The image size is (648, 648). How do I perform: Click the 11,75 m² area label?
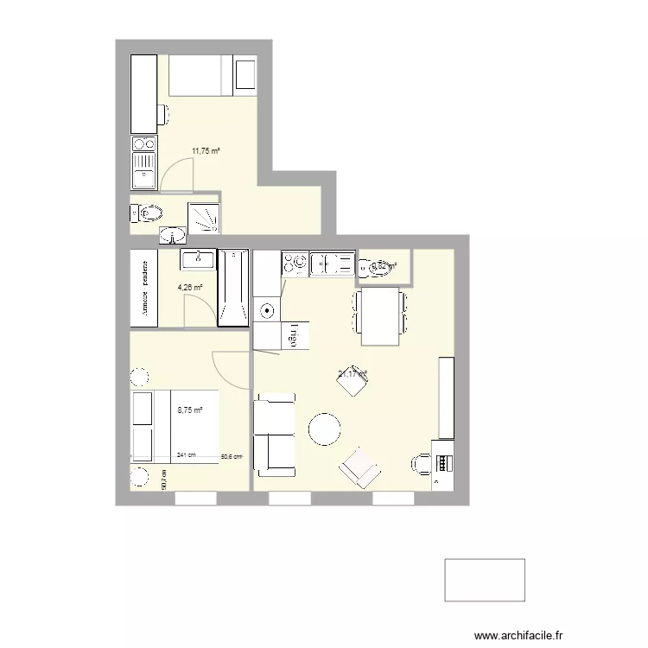coord(205,150)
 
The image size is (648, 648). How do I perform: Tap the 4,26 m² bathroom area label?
coord(191,288)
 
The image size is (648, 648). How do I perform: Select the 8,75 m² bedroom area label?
coord(190,411)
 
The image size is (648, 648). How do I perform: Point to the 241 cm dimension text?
coord(186,455)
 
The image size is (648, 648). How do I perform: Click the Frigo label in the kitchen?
coord(293,336)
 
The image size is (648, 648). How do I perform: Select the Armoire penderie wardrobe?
coord(143,288)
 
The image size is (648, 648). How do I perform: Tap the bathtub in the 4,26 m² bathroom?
coord(232,289)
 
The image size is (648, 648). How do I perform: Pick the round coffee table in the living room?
coord(325,429)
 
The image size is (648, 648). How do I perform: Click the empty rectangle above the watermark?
coord(485,580)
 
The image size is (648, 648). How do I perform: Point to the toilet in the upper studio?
coord(149,213)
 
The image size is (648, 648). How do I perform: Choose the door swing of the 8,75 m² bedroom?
coord(228,369)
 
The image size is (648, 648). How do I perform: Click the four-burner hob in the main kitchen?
coord(295,263)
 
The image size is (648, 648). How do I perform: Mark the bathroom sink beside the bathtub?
coord(198,258)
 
